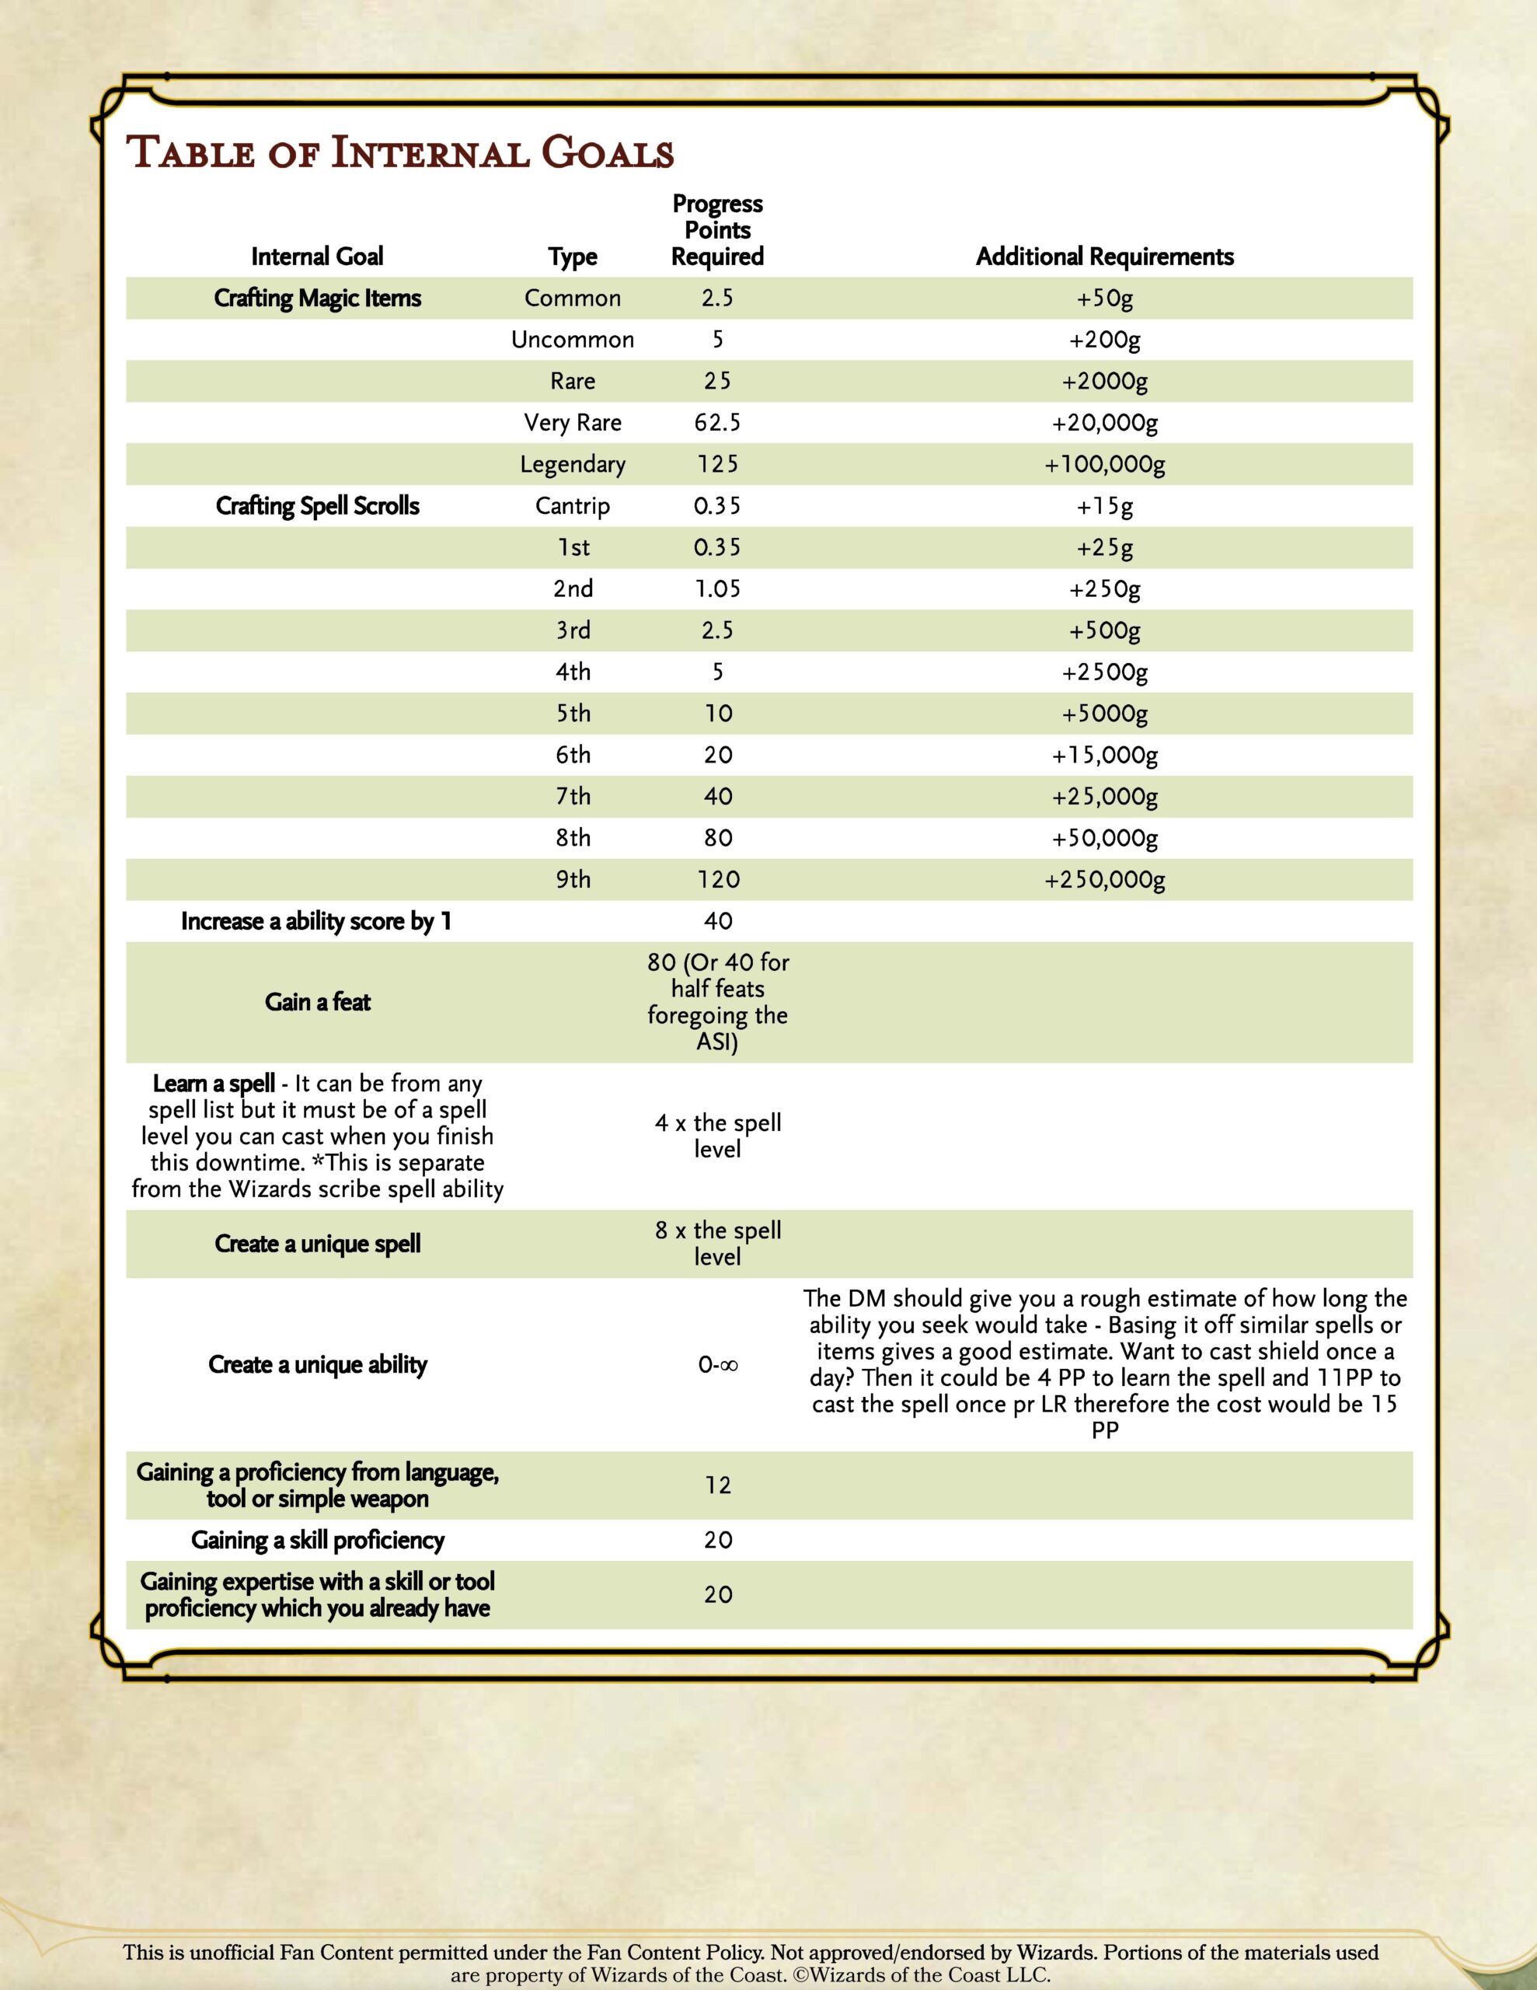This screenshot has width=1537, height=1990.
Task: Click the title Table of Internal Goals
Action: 400,153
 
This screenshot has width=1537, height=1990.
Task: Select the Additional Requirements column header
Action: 1104,257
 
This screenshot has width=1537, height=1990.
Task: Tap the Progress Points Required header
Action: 717,231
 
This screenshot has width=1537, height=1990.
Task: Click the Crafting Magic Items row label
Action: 317,298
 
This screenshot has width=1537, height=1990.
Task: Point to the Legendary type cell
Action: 572,465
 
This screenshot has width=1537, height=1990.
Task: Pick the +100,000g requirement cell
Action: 1104,465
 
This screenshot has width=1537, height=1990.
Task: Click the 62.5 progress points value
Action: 717,423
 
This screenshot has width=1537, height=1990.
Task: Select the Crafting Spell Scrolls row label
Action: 317,506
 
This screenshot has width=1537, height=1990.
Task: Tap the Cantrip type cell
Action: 572,506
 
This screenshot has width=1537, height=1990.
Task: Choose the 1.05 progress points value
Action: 717,588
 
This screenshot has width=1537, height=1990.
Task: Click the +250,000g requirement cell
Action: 1104,879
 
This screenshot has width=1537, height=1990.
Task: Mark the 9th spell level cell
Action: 572,879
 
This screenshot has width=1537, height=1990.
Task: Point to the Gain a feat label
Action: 317,1002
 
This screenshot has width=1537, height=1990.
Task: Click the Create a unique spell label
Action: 317,1244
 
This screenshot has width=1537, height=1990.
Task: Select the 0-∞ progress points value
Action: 717,1365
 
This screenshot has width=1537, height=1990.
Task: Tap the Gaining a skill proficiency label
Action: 317,1540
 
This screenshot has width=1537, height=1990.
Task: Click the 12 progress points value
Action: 717,1486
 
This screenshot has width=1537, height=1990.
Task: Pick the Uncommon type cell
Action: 572,340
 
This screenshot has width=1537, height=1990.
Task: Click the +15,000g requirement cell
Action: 1104,755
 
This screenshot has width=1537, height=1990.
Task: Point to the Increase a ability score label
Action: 315,921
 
